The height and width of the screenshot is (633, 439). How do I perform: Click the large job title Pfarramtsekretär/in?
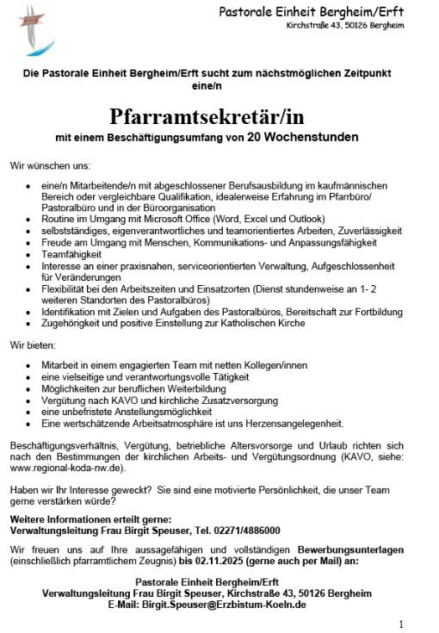[207, 115]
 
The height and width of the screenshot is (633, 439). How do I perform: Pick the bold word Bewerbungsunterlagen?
[350, 549]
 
